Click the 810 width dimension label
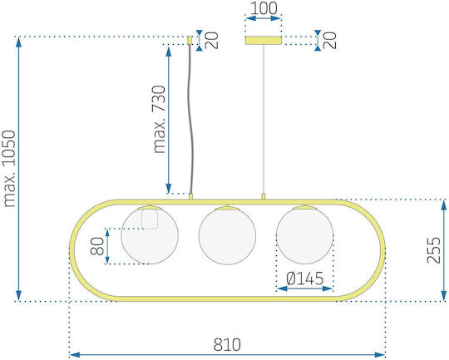(227, 345)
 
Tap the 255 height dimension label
(433, 250)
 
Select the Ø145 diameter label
(304, 279)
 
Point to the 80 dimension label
(97, 246)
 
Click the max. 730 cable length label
(159, 120)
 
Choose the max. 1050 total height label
(8, 169)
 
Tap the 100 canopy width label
(264, 8)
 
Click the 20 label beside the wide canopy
(330, 41)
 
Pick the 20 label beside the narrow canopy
(212, 41)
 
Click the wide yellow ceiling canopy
(264, 41)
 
